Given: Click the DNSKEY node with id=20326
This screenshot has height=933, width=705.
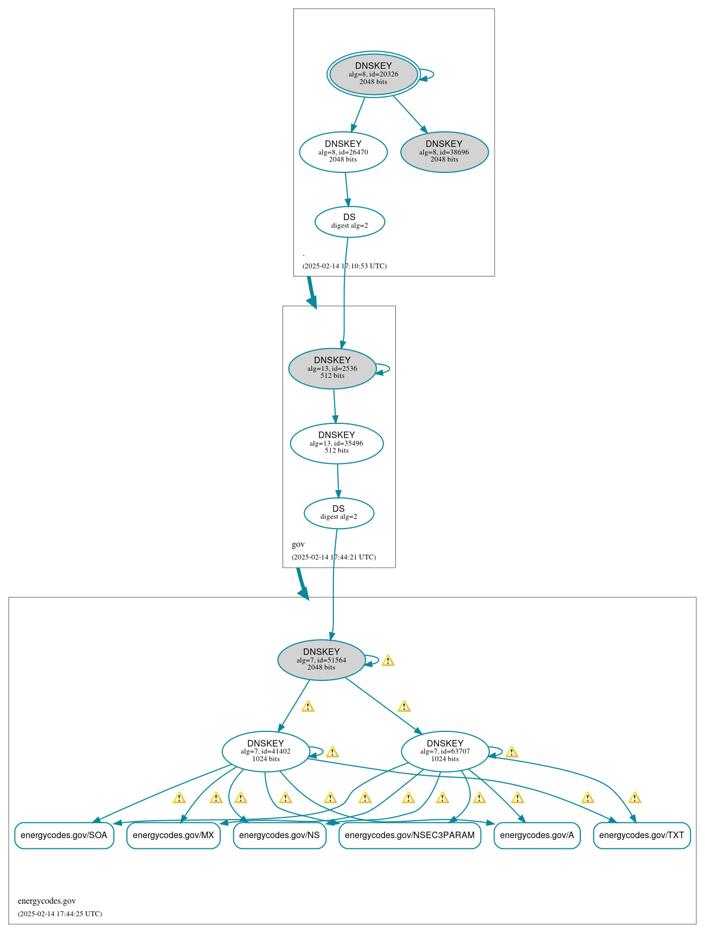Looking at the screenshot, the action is point(374,74).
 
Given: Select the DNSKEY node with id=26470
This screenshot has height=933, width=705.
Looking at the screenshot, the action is point(343,152).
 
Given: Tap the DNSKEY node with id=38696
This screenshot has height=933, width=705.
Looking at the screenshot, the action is point(445,152).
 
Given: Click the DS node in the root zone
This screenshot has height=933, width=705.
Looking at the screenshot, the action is point(350,222).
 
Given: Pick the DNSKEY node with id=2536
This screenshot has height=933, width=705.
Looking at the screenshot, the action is point(332,369).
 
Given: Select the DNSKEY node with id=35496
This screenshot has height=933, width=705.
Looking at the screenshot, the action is point(337,443).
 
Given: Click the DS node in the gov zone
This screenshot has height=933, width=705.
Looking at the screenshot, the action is point(339,513).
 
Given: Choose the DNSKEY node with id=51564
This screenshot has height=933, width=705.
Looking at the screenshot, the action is point(322,660).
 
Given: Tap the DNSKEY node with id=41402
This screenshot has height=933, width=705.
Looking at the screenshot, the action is point(266,751).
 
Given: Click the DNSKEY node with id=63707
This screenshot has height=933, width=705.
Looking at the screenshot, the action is point(445,751).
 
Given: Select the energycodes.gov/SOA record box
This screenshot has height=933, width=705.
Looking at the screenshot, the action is point(64,835).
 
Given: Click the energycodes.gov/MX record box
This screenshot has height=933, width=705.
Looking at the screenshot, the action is point(174,835).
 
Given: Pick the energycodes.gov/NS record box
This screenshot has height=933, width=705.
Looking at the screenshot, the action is point(279,835).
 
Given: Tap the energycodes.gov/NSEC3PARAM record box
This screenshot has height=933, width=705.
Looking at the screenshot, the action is point(410,835).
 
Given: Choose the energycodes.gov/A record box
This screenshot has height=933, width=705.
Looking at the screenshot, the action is point(537,835).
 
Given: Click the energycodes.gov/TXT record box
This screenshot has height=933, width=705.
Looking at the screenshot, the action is point(642,835).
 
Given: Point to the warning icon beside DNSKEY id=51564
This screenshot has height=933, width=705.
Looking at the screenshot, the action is point(388,660).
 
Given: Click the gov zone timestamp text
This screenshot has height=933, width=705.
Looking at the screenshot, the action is point(334,557).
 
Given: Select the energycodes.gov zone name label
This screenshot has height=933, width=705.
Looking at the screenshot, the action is point(47,901).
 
